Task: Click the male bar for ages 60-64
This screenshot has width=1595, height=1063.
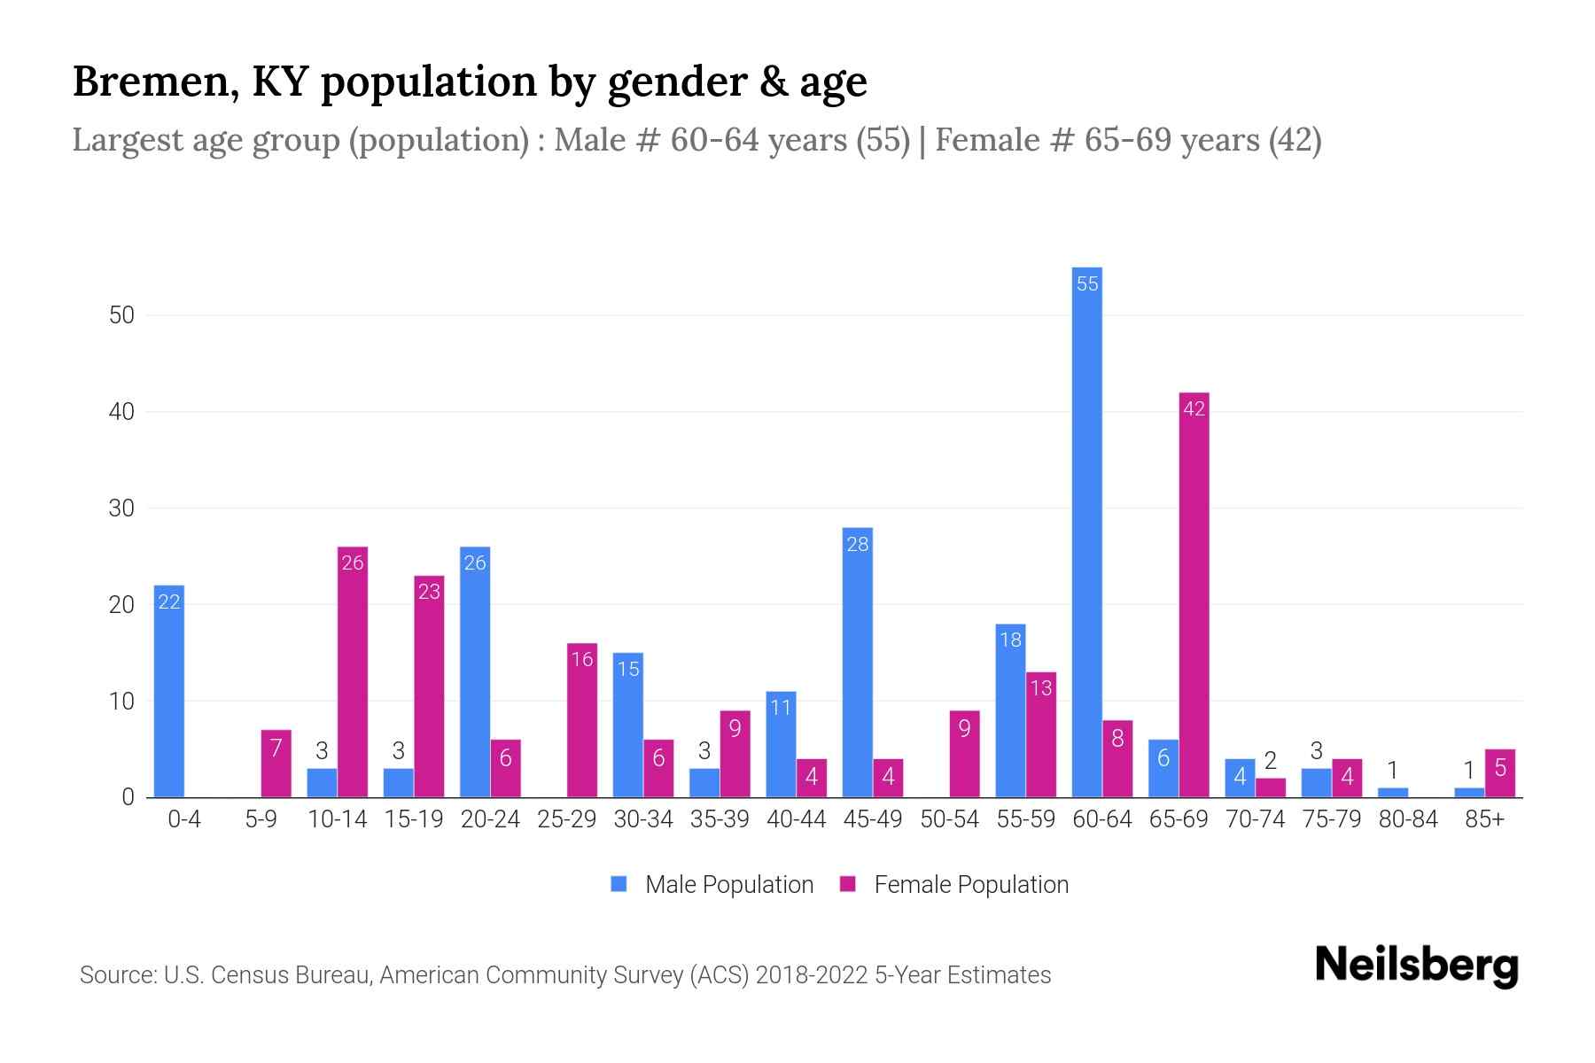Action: click(1086, 531)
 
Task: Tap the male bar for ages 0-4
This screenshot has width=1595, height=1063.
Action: click(169, 691)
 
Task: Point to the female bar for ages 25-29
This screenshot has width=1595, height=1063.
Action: click(582, 720)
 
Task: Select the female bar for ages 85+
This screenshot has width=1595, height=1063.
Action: click(1500, 773)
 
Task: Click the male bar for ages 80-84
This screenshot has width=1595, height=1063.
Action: click(1393, 793)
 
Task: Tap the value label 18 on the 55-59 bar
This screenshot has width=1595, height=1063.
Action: click(1010, 640)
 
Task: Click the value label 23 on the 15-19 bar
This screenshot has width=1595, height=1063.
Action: click(429, 592)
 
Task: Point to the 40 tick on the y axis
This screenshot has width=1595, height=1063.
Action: click(121, 412)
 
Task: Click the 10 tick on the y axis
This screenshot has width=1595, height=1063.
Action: click(121, 702)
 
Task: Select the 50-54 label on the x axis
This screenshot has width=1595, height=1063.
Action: click(949, 819)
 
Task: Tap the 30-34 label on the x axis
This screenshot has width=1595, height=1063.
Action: click(643, 819)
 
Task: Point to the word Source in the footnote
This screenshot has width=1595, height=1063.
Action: click(116, 975)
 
